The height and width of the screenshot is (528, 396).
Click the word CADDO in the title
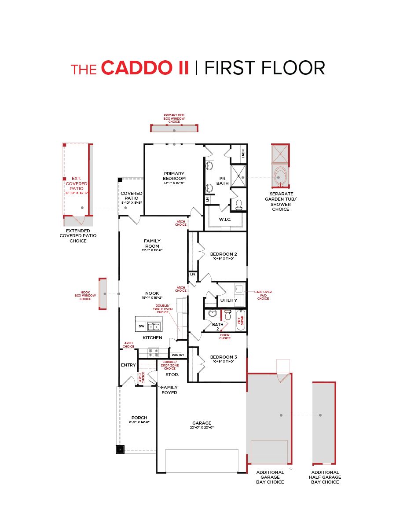point(145,68)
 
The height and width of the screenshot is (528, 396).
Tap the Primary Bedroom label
point(174,176)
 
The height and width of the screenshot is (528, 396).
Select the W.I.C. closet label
point(225,219)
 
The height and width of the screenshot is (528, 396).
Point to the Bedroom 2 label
point(224,254)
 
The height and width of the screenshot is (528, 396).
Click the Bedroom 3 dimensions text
point(224,361)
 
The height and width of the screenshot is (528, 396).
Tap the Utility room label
point(229,300)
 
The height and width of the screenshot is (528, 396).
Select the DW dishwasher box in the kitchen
point(141,326)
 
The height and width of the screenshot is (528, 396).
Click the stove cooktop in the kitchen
point(153,352)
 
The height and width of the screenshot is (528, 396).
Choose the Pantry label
point(178,355)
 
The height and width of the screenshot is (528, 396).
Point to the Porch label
point(139,418)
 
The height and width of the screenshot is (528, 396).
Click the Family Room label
point(152,243)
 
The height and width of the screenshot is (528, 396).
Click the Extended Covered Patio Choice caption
point(78,235)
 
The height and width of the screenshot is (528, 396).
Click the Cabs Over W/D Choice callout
point(263,295)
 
